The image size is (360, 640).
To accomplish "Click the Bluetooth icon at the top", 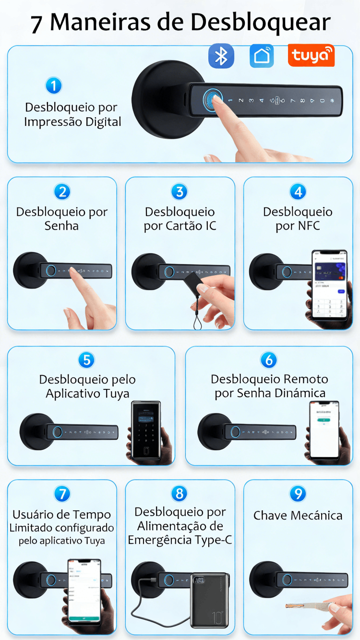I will tap(221, 56).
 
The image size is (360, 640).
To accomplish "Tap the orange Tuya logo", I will tap(311, 56).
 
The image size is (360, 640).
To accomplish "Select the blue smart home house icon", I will tap(262, 56).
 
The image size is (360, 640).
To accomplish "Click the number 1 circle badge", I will tap(54, 86).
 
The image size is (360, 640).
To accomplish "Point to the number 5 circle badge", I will tap(86, 360).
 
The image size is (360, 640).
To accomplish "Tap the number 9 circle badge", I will tap(298, 494).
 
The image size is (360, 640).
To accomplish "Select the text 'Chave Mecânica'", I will tap(298, 516).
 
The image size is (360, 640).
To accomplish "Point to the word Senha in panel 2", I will tap(61, 226).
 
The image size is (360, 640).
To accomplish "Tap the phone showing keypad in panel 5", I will tap(146, 430).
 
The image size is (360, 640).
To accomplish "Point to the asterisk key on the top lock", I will tap(333, 101).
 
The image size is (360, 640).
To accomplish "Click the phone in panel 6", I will tap(324, 430).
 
